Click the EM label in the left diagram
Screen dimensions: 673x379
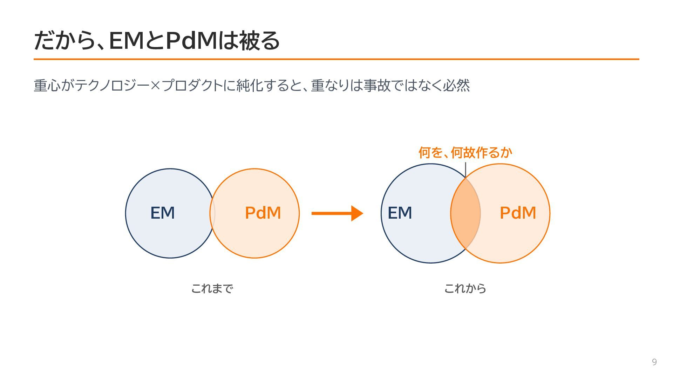pos(163,213)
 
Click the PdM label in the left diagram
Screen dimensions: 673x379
pos(263,213)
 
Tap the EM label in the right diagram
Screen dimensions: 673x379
pos(400,213)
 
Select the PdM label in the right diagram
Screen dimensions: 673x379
pos(518,213)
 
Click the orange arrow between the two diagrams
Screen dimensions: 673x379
pos(337,213)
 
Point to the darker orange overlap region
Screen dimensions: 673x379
pos(465,213)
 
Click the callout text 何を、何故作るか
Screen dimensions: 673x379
pos(465,153)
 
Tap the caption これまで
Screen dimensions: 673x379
pos(212,288)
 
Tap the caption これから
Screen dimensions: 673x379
pos(465,288)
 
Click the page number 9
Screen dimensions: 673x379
pos(654,362)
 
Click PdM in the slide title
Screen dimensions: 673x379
pos(191,40)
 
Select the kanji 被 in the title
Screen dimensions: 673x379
pos(249,40)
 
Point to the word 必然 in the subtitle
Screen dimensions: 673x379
pos(456,86)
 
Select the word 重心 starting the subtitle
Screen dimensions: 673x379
pos(47,86)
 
